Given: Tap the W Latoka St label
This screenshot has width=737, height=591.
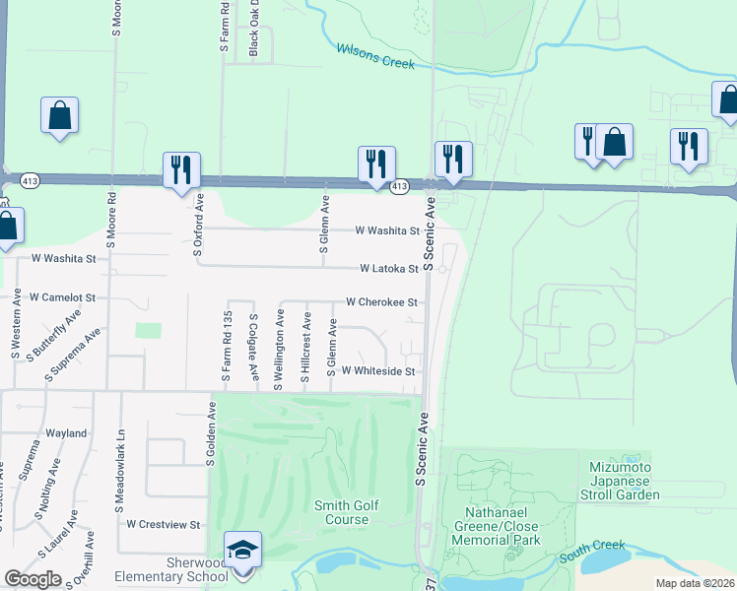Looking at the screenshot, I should pyautogui.click(x=389, y=268).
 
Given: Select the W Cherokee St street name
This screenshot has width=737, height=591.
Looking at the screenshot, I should pyautogui.click(x=382, y=302).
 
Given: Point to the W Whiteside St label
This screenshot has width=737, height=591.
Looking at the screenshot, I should pyautogui.click(x=378, y=371).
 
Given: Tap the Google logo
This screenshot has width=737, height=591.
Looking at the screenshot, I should pyautogui.click(x=33, y=579).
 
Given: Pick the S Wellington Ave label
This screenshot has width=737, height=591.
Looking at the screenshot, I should pyautogui.click(x=279, y=350).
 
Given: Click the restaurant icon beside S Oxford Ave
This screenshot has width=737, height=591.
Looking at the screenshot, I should pyautogui.click(x=181, y=170).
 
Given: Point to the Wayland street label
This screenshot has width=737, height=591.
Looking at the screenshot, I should pyautogui.click(x=66, y=433).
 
